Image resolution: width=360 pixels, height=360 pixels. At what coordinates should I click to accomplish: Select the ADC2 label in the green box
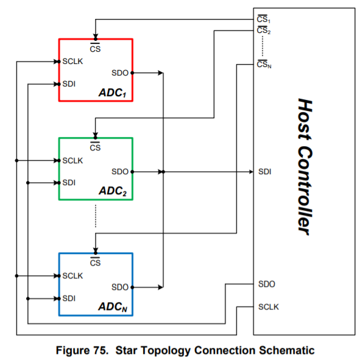[x=113, y=192]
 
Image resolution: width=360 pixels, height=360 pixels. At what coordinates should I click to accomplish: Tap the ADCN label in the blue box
[x=113, y=308]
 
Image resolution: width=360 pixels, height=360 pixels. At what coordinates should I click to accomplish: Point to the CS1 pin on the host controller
[x=264, y=19]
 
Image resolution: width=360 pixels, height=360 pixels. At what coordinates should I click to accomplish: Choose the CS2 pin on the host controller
[x=264, y=30]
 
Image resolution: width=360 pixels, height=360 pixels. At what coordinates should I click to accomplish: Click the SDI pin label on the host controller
[x=264, y=172]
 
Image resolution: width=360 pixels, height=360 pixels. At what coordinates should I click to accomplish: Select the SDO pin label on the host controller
[x=266, y=284]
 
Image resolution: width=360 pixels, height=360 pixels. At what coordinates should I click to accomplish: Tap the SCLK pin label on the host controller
[x=269, y=306]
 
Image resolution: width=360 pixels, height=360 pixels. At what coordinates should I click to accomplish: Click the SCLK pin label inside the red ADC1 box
[x=73, y=62]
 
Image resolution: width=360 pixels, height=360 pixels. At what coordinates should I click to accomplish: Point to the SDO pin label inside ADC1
[x=120, y=73]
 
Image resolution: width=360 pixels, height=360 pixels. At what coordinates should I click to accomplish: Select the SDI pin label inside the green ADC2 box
[x=69, y=182]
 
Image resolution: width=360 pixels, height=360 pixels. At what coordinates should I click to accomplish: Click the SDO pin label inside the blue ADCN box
[x=120, y=286]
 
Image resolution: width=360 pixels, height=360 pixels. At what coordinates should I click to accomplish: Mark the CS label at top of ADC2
[x=95, y=147]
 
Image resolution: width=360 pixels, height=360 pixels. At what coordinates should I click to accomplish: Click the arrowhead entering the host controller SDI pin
[x=250, y=172]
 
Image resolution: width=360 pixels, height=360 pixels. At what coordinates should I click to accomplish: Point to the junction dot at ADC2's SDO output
[x=133, y=172]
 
